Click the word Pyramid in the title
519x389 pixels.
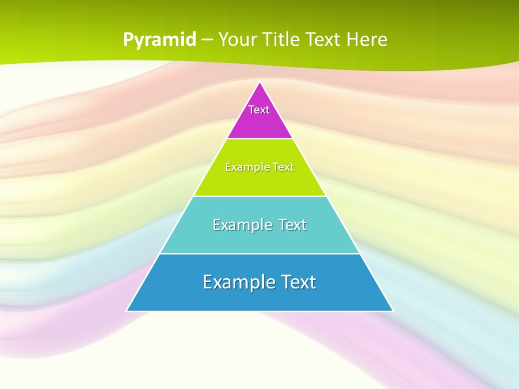tap(159, 39)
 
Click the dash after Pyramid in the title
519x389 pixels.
tap(207, 40)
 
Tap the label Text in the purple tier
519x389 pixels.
tap(259, 110)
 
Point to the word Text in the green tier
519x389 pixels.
tap(284, 167)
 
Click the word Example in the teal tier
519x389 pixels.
tap(241, 225)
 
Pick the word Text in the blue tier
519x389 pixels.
tap(298, 282)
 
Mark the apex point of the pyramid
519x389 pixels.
tap(259, 82)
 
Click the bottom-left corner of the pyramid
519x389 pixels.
tap(127, 311)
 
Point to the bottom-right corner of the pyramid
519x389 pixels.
tap(392, 311)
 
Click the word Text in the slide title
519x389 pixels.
tap(325, 39)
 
